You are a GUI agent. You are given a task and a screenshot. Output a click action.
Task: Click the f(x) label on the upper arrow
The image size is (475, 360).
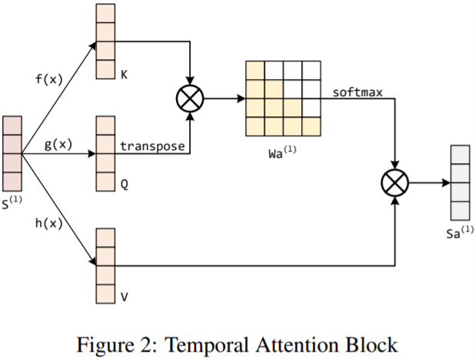coord(50,78)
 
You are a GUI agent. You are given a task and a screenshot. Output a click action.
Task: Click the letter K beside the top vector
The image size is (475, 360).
coord(123,75)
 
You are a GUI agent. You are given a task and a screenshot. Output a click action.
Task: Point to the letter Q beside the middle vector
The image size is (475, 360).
coord(123,185)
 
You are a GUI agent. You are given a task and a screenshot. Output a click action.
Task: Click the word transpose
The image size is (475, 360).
coord(154,145)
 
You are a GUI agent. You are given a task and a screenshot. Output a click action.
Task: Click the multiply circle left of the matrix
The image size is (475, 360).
coord(188,99)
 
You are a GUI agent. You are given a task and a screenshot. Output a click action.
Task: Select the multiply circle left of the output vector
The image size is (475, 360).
coord(394,182)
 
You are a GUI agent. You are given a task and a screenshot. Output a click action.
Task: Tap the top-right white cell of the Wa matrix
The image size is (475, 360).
coord(311,69)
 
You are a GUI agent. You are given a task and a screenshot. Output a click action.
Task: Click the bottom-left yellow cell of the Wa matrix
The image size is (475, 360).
coord(254,125)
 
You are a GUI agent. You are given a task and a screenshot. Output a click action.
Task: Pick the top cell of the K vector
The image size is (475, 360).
coord(105,14)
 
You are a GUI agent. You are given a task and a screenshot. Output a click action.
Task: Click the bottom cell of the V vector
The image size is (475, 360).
coord(105,293)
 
